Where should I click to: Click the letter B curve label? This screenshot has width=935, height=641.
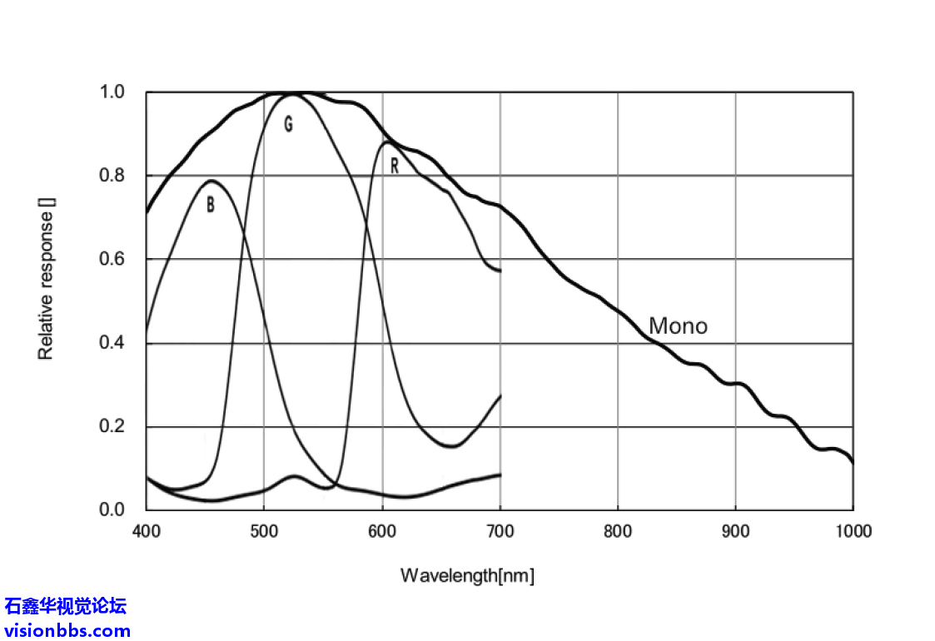pyautogui.click(x=211, y=205)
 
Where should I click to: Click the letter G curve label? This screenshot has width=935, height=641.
pyautogui.click(x=288, y=125)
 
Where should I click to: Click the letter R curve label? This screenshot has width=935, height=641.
pyautogui.click(x=394, y=166)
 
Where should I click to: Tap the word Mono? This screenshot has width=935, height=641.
pyautogui.click(x=678, y=326)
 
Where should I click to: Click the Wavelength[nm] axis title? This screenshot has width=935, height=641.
pyautogui.click(x=467, y=575)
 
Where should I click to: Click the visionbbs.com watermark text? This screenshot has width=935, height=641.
pyautogui.click(x=67, y=630)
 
